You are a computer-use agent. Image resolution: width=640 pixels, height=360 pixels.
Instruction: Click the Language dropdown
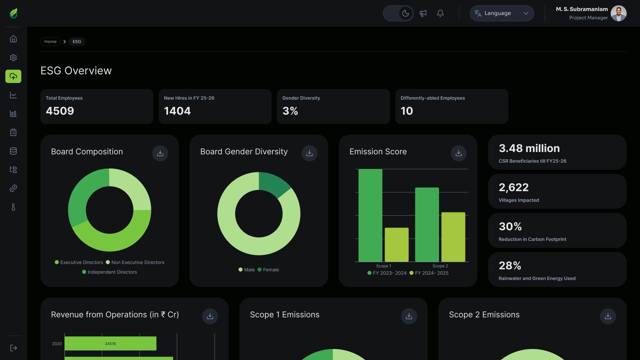point(502,13)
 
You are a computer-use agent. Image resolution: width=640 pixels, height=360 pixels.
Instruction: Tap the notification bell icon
point(440,13)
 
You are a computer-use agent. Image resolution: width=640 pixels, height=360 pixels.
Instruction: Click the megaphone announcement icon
point(423,13)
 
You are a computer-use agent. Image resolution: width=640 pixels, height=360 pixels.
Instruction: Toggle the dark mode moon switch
point(398,13)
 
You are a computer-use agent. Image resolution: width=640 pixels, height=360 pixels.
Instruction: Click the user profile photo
point(619,13)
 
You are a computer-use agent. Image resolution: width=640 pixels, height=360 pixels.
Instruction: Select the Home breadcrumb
point(50,42)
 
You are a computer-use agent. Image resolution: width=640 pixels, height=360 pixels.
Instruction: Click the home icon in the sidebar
point(13,39)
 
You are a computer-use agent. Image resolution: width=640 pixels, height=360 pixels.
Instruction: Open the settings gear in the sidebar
point(13,58)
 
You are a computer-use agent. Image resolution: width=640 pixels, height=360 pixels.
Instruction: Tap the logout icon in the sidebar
point(13,348)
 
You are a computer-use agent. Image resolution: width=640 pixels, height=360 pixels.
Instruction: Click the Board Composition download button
point(160,153)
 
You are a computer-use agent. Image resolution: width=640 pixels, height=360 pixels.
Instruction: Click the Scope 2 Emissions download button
point(608,316)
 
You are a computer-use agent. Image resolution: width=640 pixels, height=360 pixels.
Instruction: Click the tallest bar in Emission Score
point(370,215)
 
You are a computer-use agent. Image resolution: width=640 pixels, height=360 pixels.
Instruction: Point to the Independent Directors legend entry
point(110,272)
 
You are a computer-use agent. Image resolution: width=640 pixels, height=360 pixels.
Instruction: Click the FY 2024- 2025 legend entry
point(429,273)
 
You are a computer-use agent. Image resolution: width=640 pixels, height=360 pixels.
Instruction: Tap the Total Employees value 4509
point(60,111)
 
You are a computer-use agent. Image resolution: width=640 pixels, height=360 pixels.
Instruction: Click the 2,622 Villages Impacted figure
point(514,187)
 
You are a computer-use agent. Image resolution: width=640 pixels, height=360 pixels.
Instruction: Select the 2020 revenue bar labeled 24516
point(110,343)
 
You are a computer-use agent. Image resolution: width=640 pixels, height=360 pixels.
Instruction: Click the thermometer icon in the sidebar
point(13,207)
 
